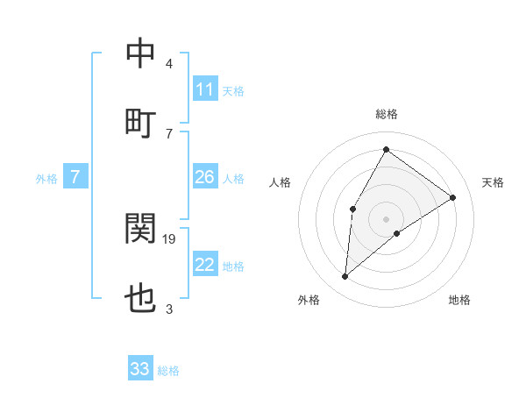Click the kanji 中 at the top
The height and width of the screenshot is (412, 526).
point(140,53)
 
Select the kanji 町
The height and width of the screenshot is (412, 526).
point(140,123)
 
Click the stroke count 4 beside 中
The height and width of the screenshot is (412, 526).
point(169,64)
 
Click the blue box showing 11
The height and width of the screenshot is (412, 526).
point(204,89)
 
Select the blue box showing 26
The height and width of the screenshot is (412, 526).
point(204,177)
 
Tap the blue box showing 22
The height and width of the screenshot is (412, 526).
point(204,265)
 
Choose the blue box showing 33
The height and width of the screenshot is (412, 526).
point(140,369)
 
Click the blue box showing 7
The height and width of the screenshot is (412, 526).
point(75,177)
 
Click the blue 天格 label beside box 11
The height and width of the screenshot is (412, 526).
point(233,91)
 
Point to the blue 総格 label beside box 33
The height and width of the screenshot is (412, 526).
point(169,371)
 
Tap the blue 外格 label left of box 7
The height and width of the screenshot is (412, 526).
point(46,179)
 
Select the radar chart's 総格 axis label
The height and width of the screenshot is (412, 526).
point(387,114)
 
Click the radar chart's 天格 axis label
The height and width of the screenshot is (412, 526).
point(494,182)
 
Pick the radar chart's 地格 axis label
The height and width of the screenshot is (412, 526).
point(459,301)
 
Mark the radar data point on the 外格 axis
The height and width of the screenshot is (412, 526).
point(345,277)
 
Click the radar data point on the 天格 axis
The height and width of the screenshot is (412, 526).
point(452,197)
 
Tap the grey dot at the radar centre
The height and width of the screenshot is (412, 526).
point(386,218)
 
